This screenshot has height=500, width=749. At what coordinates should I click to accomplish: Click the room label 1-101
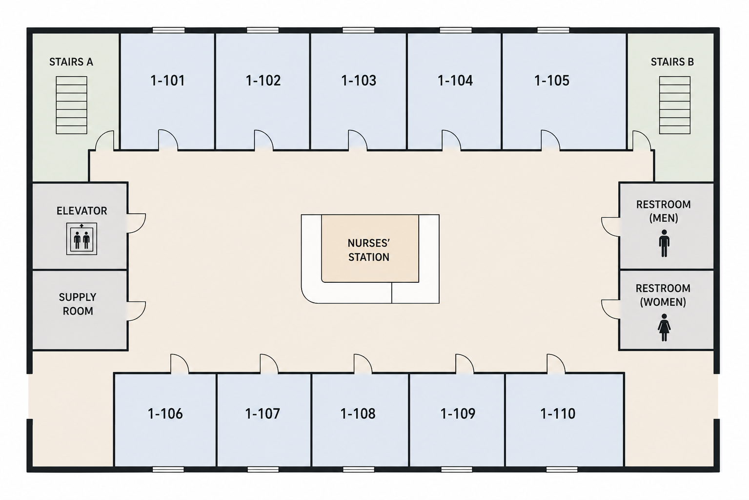pos(167,81)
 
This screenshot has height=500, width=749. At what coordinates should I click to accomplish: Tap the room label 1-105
pos(552,81)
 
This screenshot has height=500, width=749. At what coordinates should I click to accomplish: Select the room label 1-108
pos(358,414)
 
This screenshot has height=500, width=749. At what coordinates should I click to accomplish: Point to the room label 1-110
pos(558,414)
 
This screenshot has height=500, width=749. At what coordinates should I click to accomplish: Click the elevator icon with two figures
pos(81,239)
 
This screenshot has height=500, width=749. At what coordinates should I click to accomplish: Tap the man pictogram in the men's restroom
pos(664,243)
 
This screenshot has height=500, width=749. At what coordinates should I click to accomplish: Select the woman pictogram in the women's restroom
pos(664,328)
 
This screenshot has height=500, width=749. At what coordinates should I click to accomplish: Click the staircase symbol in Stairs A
pos(71,105)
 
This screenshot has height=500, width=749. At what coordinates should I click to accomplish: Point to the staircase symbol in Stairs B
pos(674,105)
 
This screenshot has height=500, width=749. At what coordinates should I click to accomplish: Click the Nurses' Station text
pos(369,250)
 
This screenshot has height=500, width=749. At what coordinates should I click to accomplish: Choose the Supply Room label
pos(78,304)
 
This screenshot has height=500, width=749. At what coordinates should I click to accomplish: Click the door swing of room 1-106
pos(180,363)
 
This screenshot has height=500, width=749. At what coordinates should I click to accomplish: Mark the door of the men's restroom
pos(610,227)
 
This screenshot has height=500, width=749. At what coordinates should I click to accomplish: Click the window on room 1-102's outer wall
pos(263,30)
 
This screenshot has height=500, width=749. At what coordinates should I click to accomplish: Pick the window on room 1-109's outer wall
pos(456,470)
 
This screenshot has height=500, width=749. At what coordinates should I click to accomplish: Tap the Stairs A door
pos(104,141)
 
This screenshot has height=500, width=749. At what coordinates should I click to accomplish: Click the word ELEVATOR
pos(81,211)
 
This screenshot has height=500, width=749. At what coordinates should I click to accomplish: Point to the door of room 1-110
pos(556,363)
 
